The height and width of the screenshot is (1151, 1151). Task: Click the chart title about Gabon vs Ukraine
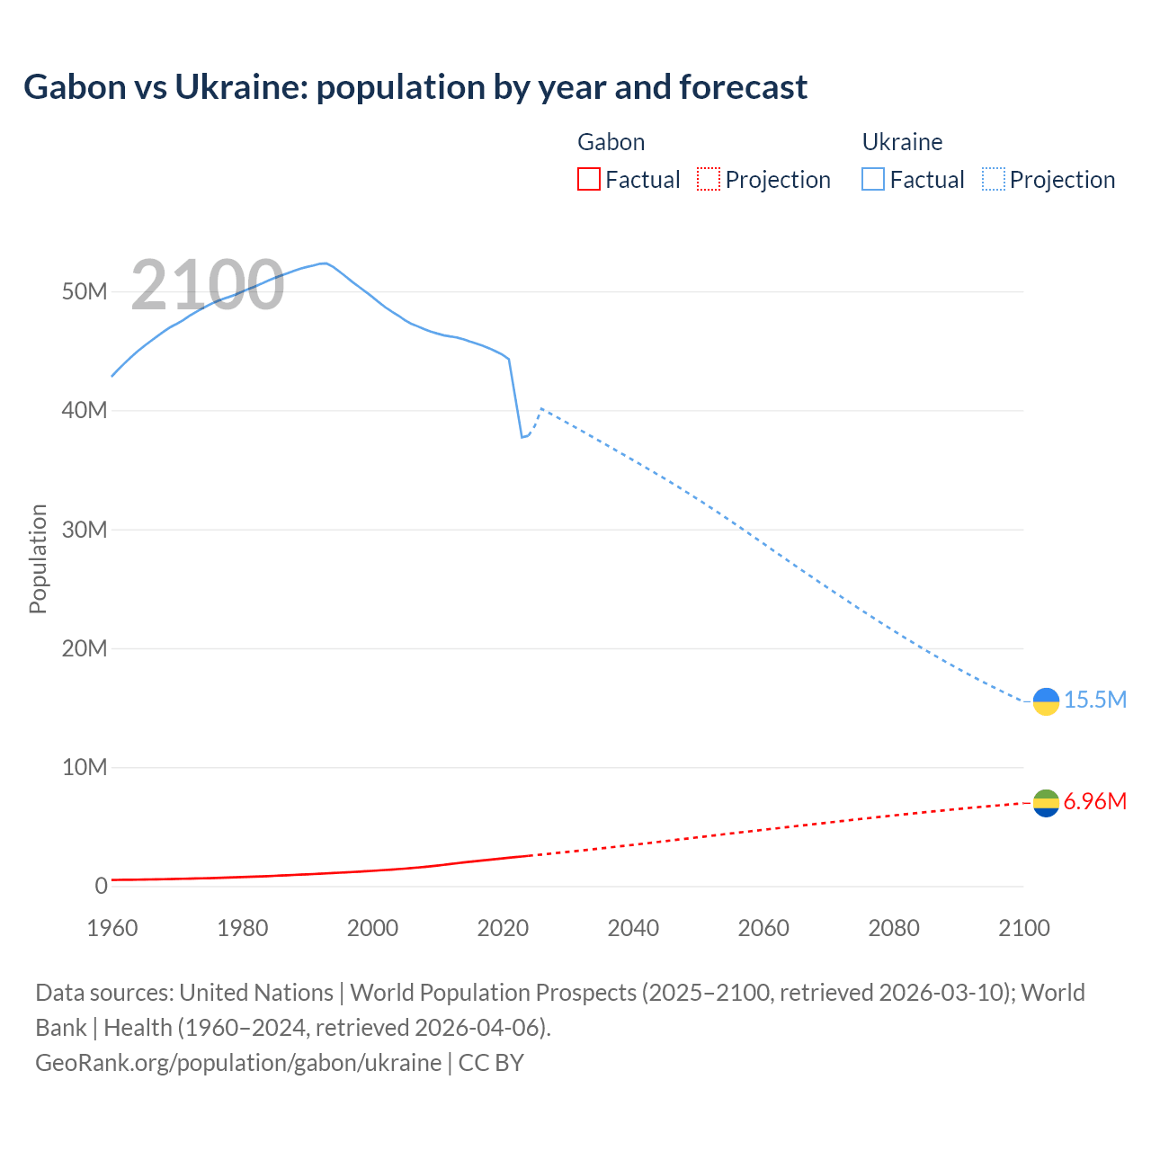click(x=415, y=87)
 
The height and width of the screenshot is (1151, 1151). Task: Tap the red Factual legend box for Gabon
click(x=588, y=179)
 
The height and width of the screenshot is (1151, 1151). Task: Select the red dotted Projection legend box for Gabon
click(x=709, y=179)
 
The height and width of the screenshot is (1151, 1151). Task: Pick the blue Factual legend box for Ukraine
click(x=873, y=179)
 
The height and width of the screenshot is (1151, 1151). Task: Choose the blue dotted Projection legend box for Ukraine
click(x=994, y=179)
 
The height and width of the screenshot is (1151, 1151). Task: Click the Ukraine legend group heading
click(x=902, y=142)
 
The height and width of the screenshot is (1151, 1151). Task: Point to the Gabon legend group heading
click(x=611, y=142)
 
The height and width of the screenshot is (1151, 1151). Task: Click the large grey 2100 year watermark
click(x=208, y=285)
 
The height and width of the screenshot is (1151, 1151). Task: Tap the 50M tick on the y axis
click(x=85, y=292)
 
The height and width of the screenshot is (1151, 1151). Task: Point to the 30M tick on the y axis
click(x=85, y=530)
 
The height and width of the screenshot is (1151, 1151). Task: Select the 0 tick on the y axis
click(x=101, y=886)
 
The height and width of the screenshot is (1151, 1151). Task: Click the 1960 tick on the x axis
click(x=112, y=928)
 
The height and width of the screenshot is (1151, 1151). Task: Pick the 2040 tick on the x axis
click(x=633, y=928)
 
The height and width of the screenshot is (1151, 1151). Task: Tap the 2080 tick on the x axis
click(x=894, y=928)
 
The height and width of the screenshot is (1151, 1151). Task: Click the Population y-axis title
click(x=38, y=558)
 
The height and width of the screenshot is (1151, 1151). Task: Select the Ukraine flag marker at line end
click(x=1046, y=701)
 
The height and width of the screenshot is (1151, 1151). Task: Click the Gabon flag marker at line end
click(x=1046, y=803)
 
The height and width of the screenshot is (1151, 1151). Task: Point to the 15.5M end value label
click(x=1094, y=700)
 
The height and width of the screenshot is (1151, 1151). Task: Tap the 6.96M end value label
click(x=1094, y=801)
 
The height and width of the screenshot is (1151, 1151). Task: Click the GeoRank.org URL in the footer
click(x=238, y=1062)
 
